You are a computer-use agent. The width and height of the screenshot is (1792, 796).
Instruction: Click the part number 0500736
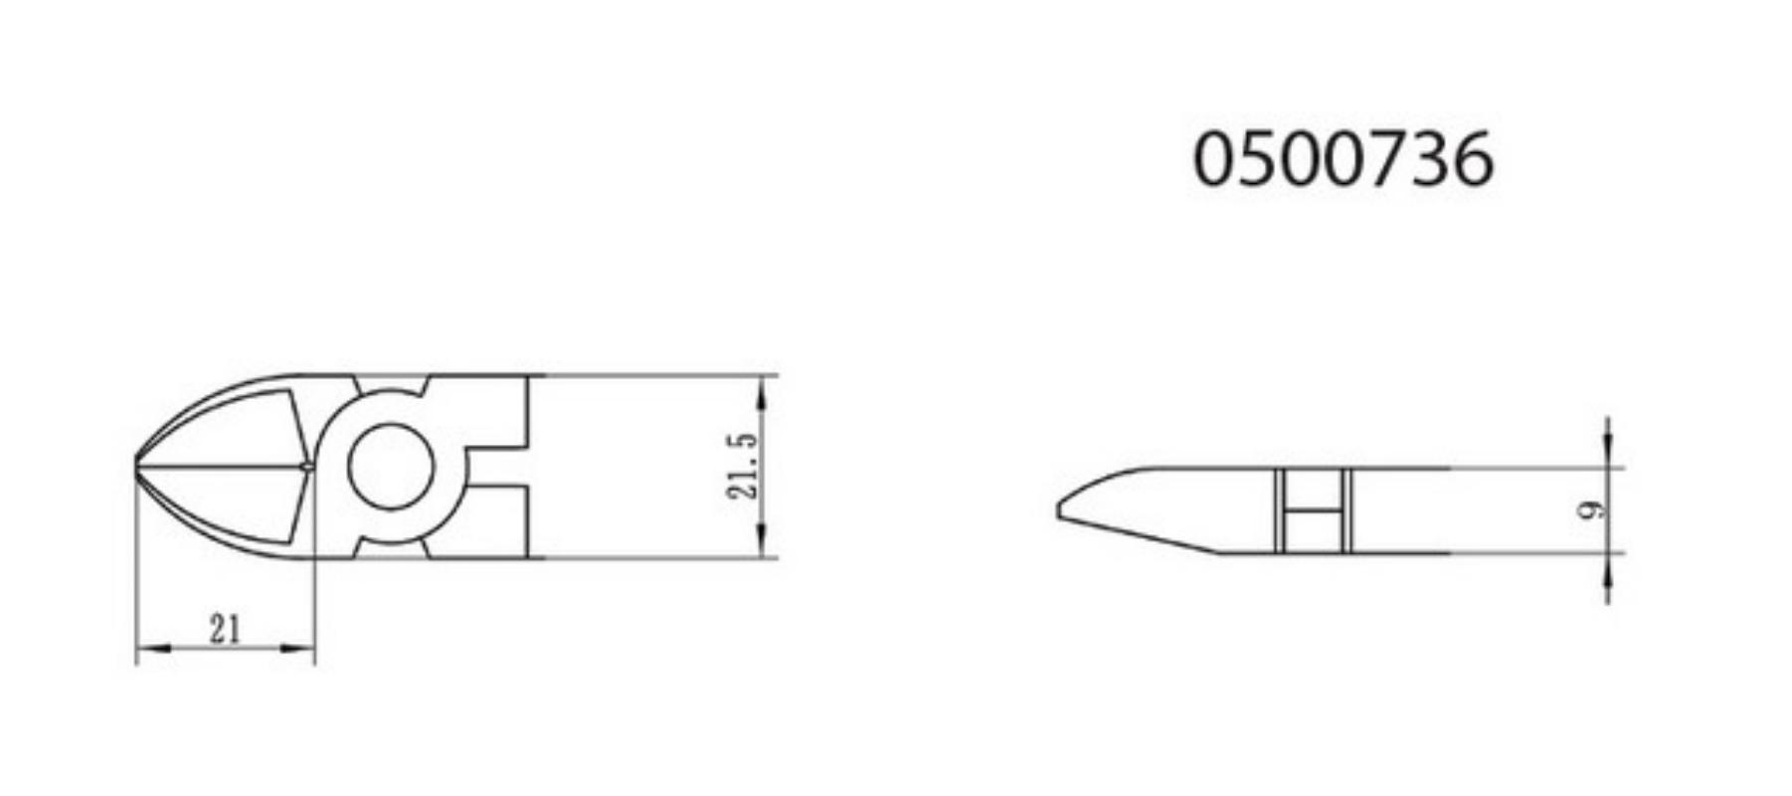tap(1343, 159)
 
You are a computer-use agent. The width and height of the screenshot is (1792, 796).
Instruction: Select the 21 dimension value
tap(225, 629)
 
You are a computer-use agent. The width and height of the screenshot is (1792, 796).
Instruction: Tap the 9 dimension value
tap(1591, 510)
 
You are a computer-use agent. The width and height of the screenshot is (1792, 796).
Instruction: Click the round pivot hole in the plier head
tap(391, 467)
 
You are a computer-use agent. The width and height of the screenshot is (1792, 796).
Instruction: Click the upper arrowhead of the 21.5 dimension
tap(762, 394)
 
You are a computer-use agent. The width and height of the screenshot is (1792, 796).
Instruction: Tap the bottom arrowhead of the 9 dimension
tap(1608, 570)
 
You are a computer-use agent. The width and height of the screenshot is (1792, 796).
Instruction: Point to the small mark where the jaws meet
tap(306, 465)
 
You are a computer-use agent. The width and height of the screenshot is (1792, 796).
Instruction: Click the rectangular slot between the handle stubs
tap(497, 467)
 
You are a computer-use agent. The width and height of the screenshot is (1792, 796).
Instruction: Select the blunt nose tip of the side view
tap(1061, 510)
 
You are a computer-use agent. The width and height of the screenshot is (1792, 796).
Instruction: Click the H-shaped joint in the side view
tap(1314, 510)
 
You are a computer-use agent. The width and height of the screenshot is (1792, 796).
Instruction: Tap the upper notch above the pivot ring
tap(392, 384)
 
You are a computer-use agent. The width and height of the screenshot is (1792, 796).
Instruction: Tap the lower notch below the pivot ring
tap(392, 548)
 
